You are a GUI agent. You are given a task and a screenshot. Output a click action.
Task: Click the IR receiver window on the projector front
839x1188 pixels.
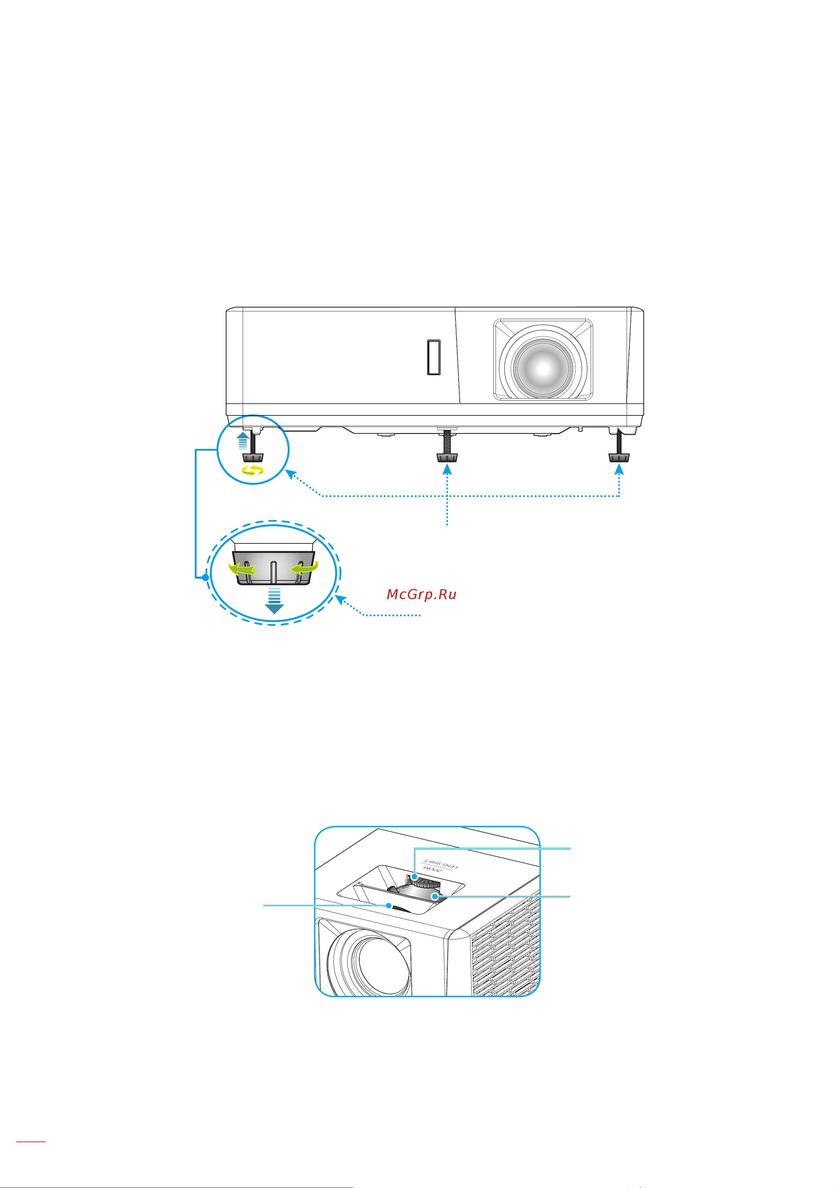[x=434, y=357]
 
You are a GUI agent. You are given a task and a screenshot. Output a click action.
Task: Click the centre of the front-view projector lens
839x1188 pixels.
[x=543, y=368]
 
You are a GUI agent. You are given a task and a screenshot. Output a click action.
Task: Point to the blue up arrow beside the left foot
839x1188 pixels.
[x=242, y=441]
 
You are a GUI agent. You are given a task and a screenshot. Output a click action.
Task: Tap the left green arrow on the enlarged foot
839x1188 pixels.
[x=242, y=569]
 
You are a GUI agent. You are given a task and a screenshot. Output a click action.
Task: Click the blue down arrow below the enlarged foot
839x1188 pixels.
[x=274, y=600]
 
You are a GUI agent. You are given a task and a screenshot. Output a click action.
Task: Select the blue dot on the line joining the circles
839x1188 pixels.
[x=205, y=577]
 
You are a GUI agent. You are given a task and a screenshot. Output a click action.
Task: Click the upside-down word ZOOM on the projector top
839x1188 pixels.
[x=432, y=868]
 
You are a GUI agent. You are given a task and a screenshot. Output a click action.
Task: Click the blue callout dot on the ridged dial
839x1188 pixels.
[x=415, y=877]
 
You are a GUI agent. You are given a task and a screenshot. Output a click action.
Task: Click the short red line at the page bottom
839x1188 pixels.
[x=31, y=1140]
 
